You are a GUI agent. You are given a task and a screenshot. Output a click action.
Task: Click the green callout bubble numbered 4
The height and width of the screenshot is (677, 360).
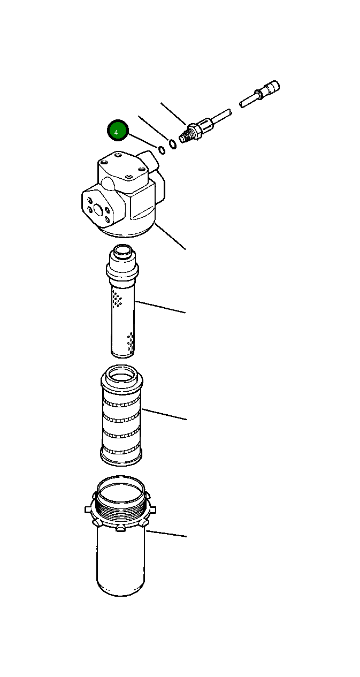(118, 130)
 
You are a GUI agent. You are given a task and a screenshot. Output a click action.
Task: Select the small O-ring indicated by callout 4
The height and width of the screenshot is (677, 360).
(161, 149)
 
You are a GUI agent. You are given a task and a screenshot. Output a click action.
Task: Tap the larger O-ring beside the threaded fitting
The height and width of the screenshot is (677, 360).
(172, 143)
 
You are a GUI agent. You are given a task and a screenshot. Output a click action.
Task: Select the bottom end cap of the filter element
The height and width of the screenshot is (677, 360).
(122, 457)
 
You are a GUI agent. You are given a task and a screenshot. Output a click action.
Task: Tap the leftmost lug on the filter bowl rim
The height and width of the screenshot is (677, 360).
(88, 509)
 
